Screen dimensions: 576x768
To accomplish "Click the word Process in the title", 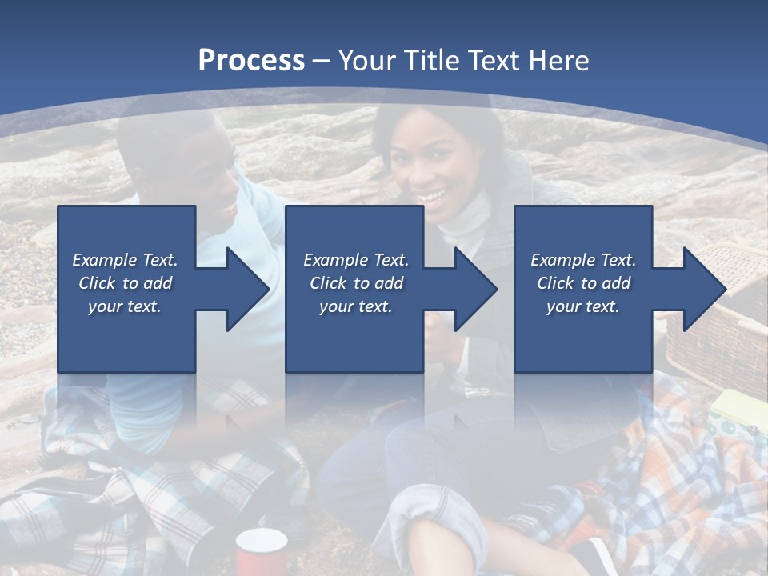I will click(251, 60).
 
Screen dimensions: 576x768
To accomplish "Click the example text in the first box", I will click(125, 283).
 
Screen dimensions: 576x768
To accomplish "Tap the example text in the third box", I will click(583, 283).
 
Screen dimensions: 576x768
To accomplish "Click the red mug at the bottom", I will click(261, 551).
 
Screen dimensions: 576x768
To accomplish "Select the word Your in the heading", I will click(369, 60).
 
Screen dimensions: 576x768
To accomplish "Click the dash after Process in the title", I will click(322, 61).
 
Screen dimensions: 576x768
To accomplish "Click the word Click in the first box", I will click(98, 283).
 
